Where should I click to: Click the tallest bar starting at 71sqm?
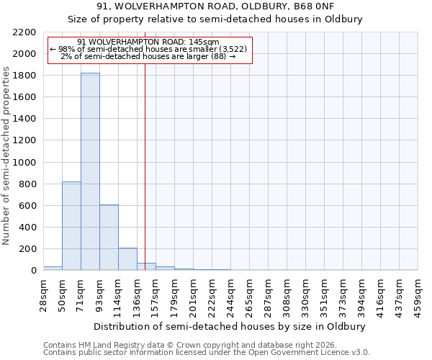[90, 171]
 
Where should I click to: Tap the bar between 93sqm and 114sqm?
[109, 237]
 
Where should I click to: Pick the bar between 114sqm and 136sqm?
[127, 258]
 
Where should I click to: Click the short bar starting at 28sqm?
[53, 268]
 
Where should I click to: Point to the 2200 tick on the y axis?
[26, 32]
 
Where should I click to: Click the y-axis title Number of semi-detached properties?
[6, 156]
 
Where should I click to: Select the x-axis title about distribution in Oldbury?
[230, 326]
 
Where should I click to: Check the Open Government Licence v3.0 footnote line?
[207, 352]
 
